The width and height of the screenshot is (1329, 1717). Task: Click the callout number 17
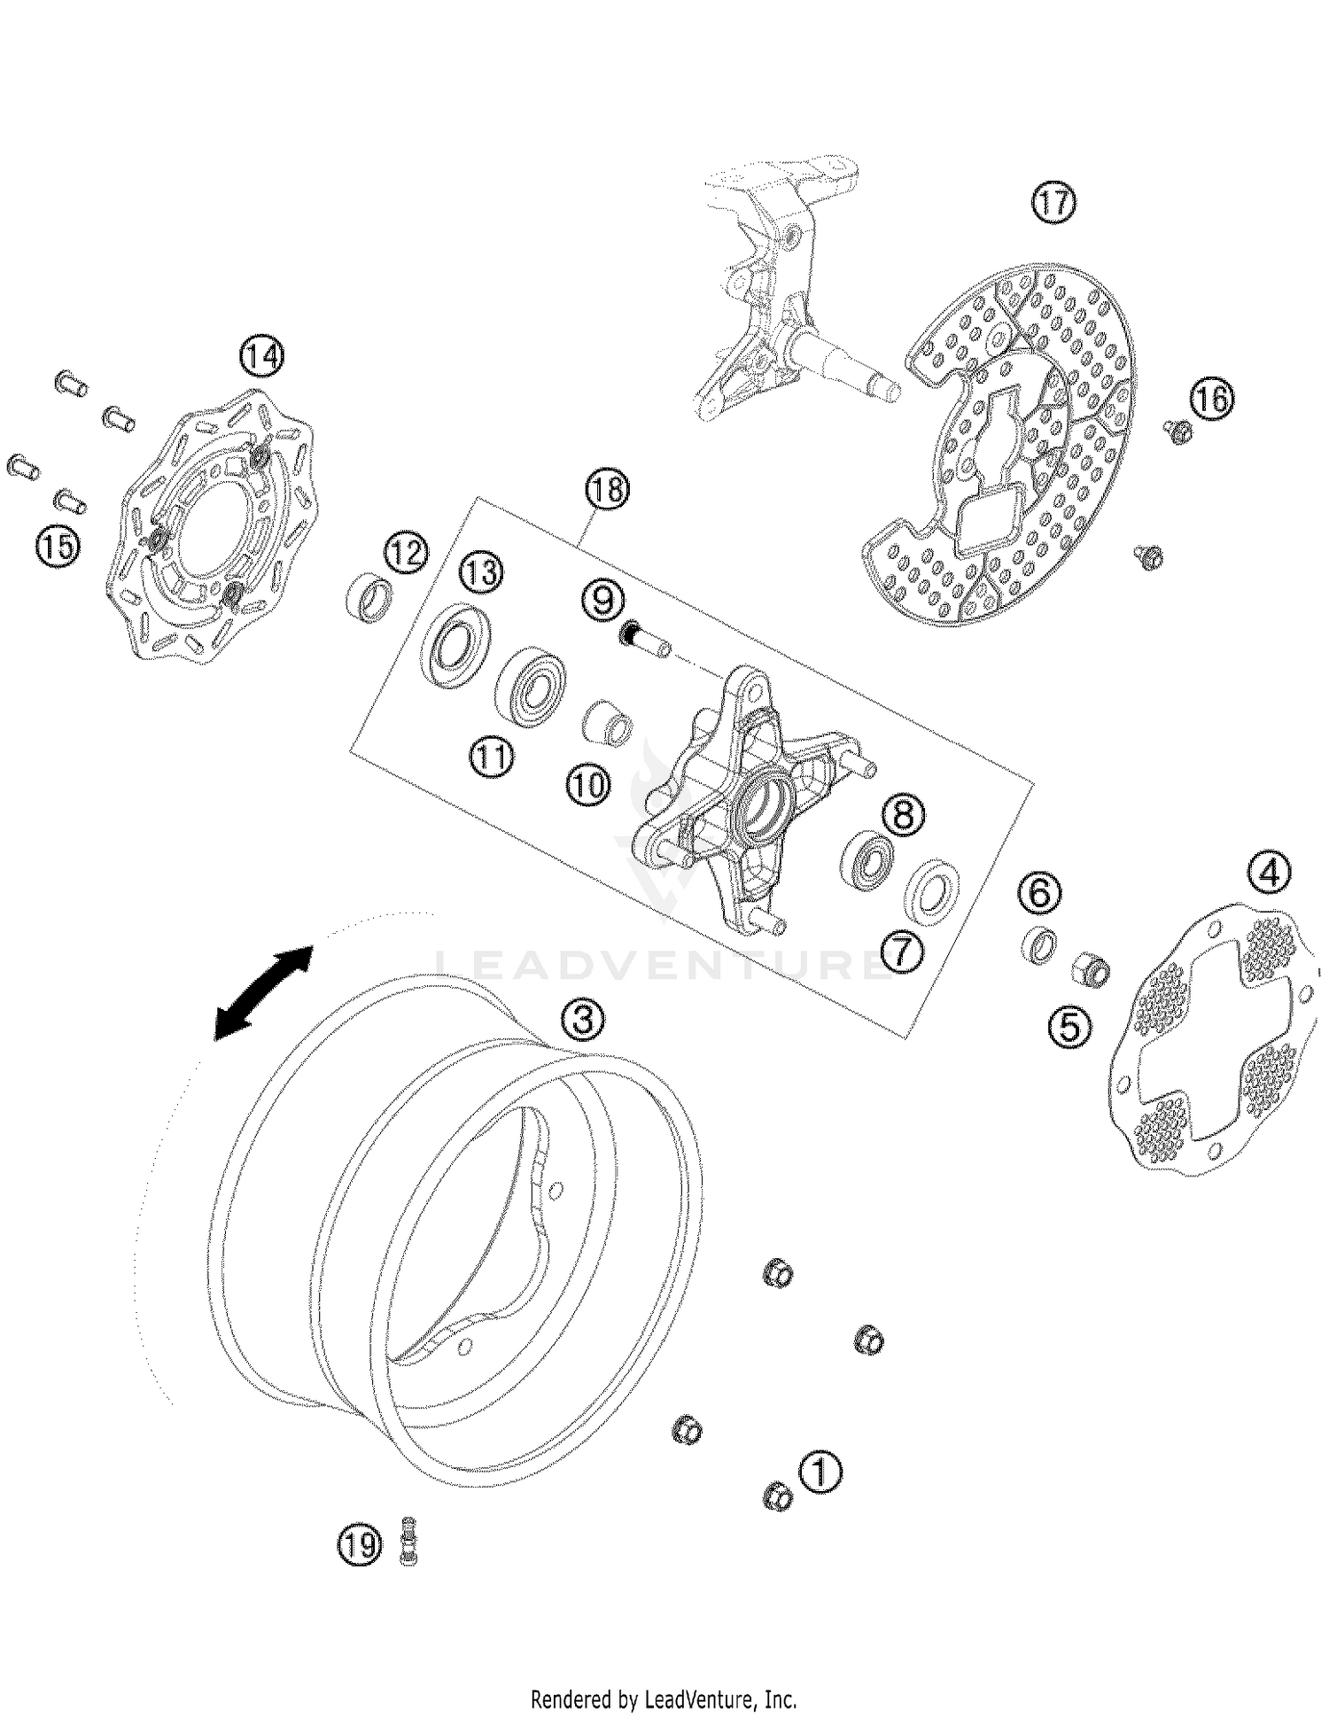[x=1053, y=203]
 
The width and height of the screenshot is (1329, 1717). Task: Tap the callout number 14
[x=261, y=356]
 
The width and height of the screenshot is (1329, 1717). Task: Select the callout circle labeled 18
[x=607, y=489]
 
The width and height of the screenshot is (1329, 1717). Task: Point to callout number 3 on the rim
[x=582, y=1019]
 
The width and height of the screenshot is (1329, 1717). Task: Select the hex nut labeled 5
[x=1093, y=968]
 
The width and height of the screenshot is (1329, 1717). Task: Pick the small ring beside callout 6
[x=1039, y=943]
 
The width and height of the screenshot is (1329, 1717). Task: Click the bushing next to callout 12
[x=370, y=598]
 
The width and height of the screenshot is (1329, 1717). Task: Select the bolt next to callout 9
[x=644, y=641]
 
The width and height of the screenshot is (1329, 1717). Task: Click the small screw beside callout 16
[x=1178, y=432]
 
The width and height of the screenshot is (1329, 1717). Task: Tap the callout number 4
[x=1270, y=874]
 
